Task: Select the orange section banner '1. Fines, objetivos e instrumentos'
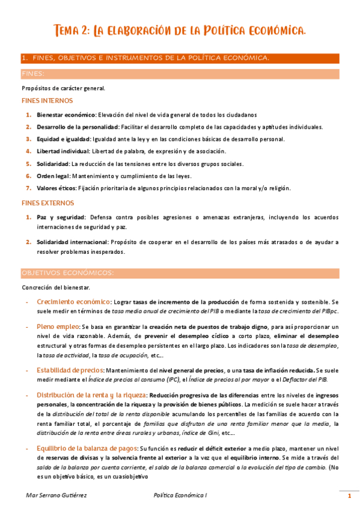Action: click(144, 58)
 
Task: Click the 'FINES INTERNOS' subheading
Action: click(47, 100)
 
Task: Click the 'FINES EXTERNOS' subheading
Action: click(48, 203)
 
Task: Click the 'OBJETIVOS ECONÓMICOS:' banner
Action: click(67, 272)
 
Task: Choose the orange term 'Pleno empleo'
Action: click(58, 326)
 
